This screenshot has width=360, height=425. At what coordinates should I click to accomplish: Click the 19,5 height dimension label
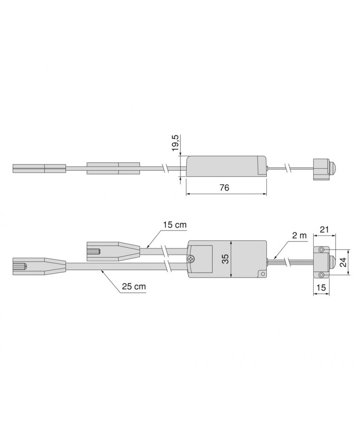(176, 143)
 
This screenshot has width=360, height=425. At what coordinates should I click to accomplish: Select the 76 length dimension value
(225, 188)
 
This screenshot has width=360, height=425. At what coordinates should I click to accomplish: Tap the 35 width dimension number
(225, 259)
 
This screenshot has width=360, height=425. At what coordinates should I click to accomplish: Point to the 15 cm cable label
(175, 225)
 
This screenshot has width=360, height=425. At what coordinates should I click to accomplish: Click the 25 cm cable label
(134, 286)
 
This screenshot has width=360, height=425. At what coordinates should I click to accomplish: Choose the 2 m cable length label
(300, 236)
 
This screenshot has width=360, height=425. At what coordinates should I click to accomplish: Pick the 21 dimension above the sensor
(324, 229)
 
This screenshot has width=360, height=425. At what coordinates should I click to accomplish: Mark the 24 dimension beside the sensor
(343, 262)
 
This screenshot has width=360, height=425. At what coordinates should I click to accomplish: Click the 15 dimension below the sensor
(321, 287)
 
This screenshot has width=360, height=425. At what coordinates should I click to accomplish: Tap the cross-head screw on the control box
(191, 259)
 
